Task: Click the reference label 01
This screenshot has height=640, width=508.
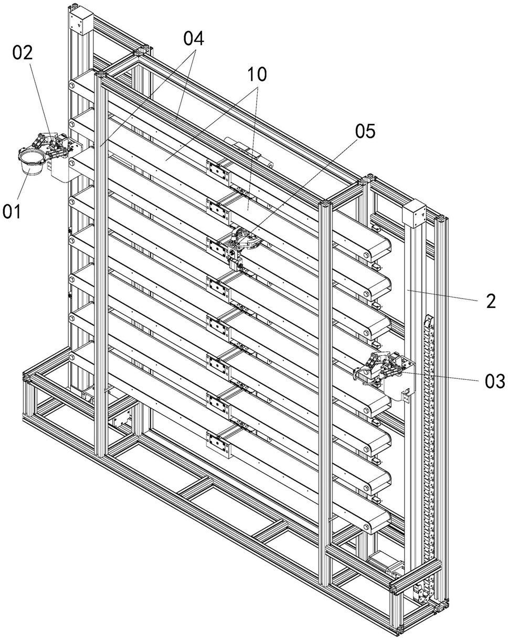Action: tap(12, 211)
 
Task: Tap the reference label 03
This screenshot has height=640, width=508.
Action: tap(494, 381)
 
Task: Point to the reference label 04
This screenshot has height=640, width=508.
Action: tap(194, 39)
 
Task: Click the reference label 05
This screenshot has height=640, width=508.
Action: tap(365, 130)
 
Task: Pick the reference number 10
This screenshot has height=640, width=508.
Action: tap(257, 74)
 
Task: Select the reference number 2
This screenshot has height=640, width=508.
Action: tap(491, 301)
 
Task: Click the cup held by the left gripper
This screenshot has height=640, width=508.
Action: tap(30, 163)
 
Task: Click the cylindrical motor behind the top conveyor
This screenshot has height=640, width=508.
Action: tap(249, 152)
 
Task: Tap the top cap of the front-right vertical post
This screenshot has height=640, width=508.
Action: tap(326, 205)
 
